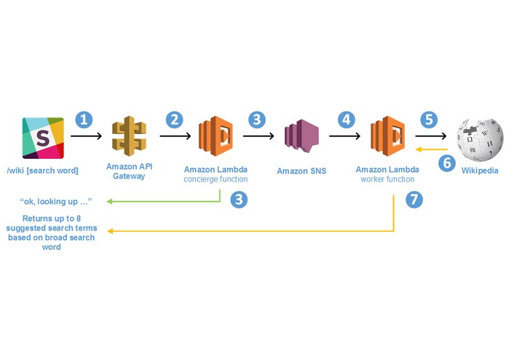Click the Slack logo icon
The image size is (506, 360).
point(43,138)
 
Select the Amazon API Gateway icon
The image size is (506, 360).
point(129,136)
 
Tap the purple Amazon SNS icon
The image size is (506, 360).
point(301,136)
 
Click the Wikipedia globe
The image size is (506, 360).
point(480,139)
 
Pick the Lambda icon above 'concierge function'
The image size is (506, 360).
point(216,136)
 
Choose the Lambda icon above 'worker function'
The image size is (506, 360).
point(387,136)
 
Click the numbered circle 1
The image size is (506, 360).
point(84,120)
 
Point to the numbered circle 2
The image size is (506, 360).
point(175,120)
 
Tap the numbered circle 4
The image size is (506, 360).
point(347,120)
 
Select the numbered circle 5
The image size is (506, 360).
point(429,120)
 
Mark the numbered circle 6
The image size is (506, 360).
point(447,163)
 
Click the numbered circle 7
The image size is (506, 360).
point(414,199)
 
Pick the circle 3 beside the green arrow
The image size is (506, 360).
point(239,199)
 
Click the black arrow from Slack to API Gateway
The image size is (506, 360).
point(86,136)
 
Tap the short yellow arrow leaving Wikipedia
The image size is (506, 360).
point(432,149)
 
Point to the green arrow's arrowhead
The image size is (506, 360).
point(109,201)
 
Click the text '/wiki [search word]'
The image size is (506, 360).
point(43,171)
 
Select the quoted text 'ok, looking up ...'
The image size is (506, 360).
point(56,201)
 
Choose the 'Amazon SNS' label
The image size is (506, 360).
point(301,171)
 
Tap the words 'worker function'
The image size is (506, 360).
point(387,179)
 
